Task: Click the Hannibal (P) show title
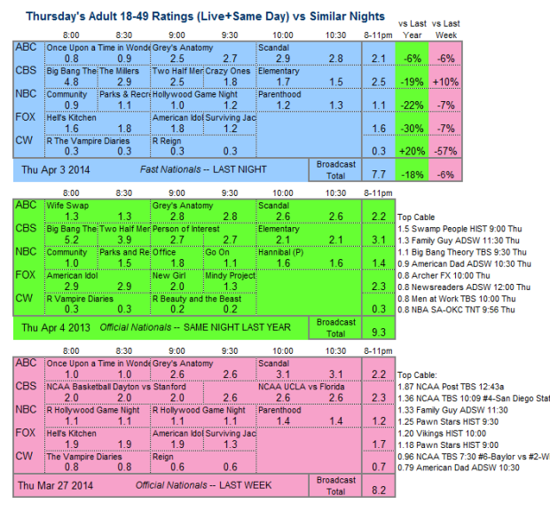(x=280, y=252)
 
